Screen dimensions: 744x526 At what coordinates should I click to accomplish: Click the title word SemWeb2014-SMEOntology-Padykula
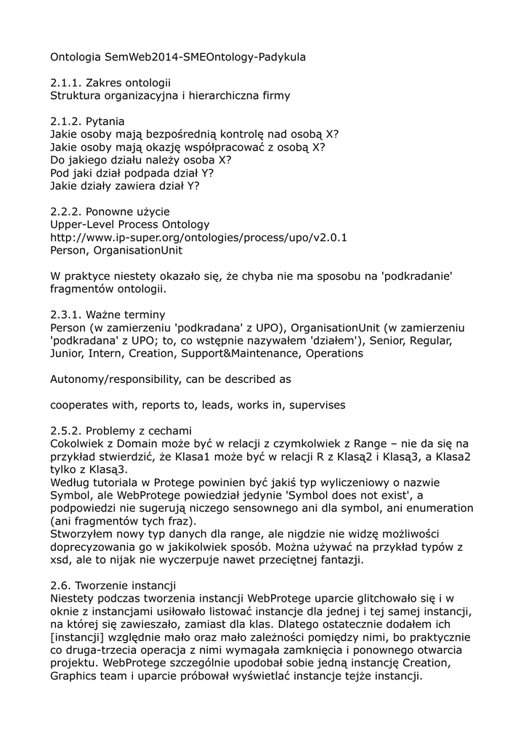[205, 56]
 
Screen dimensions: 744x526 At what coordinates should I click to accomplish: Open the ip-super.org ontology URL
[198, 238]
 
